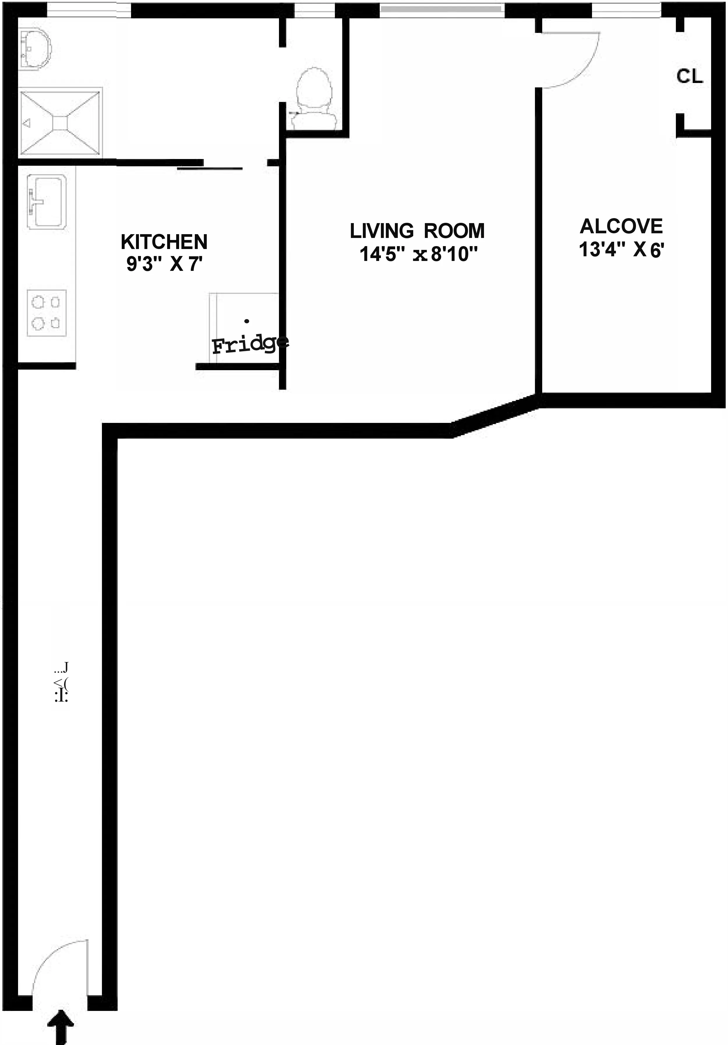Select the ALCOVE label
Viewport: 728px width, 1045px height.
621,226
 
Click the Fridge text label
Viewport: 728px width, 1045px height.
250,344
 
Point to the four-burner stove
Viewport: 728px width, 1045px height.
46,313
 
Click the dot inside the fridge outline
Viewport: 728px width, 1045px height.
247,321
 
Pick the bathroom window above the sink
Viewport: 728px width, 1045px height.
89,9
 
